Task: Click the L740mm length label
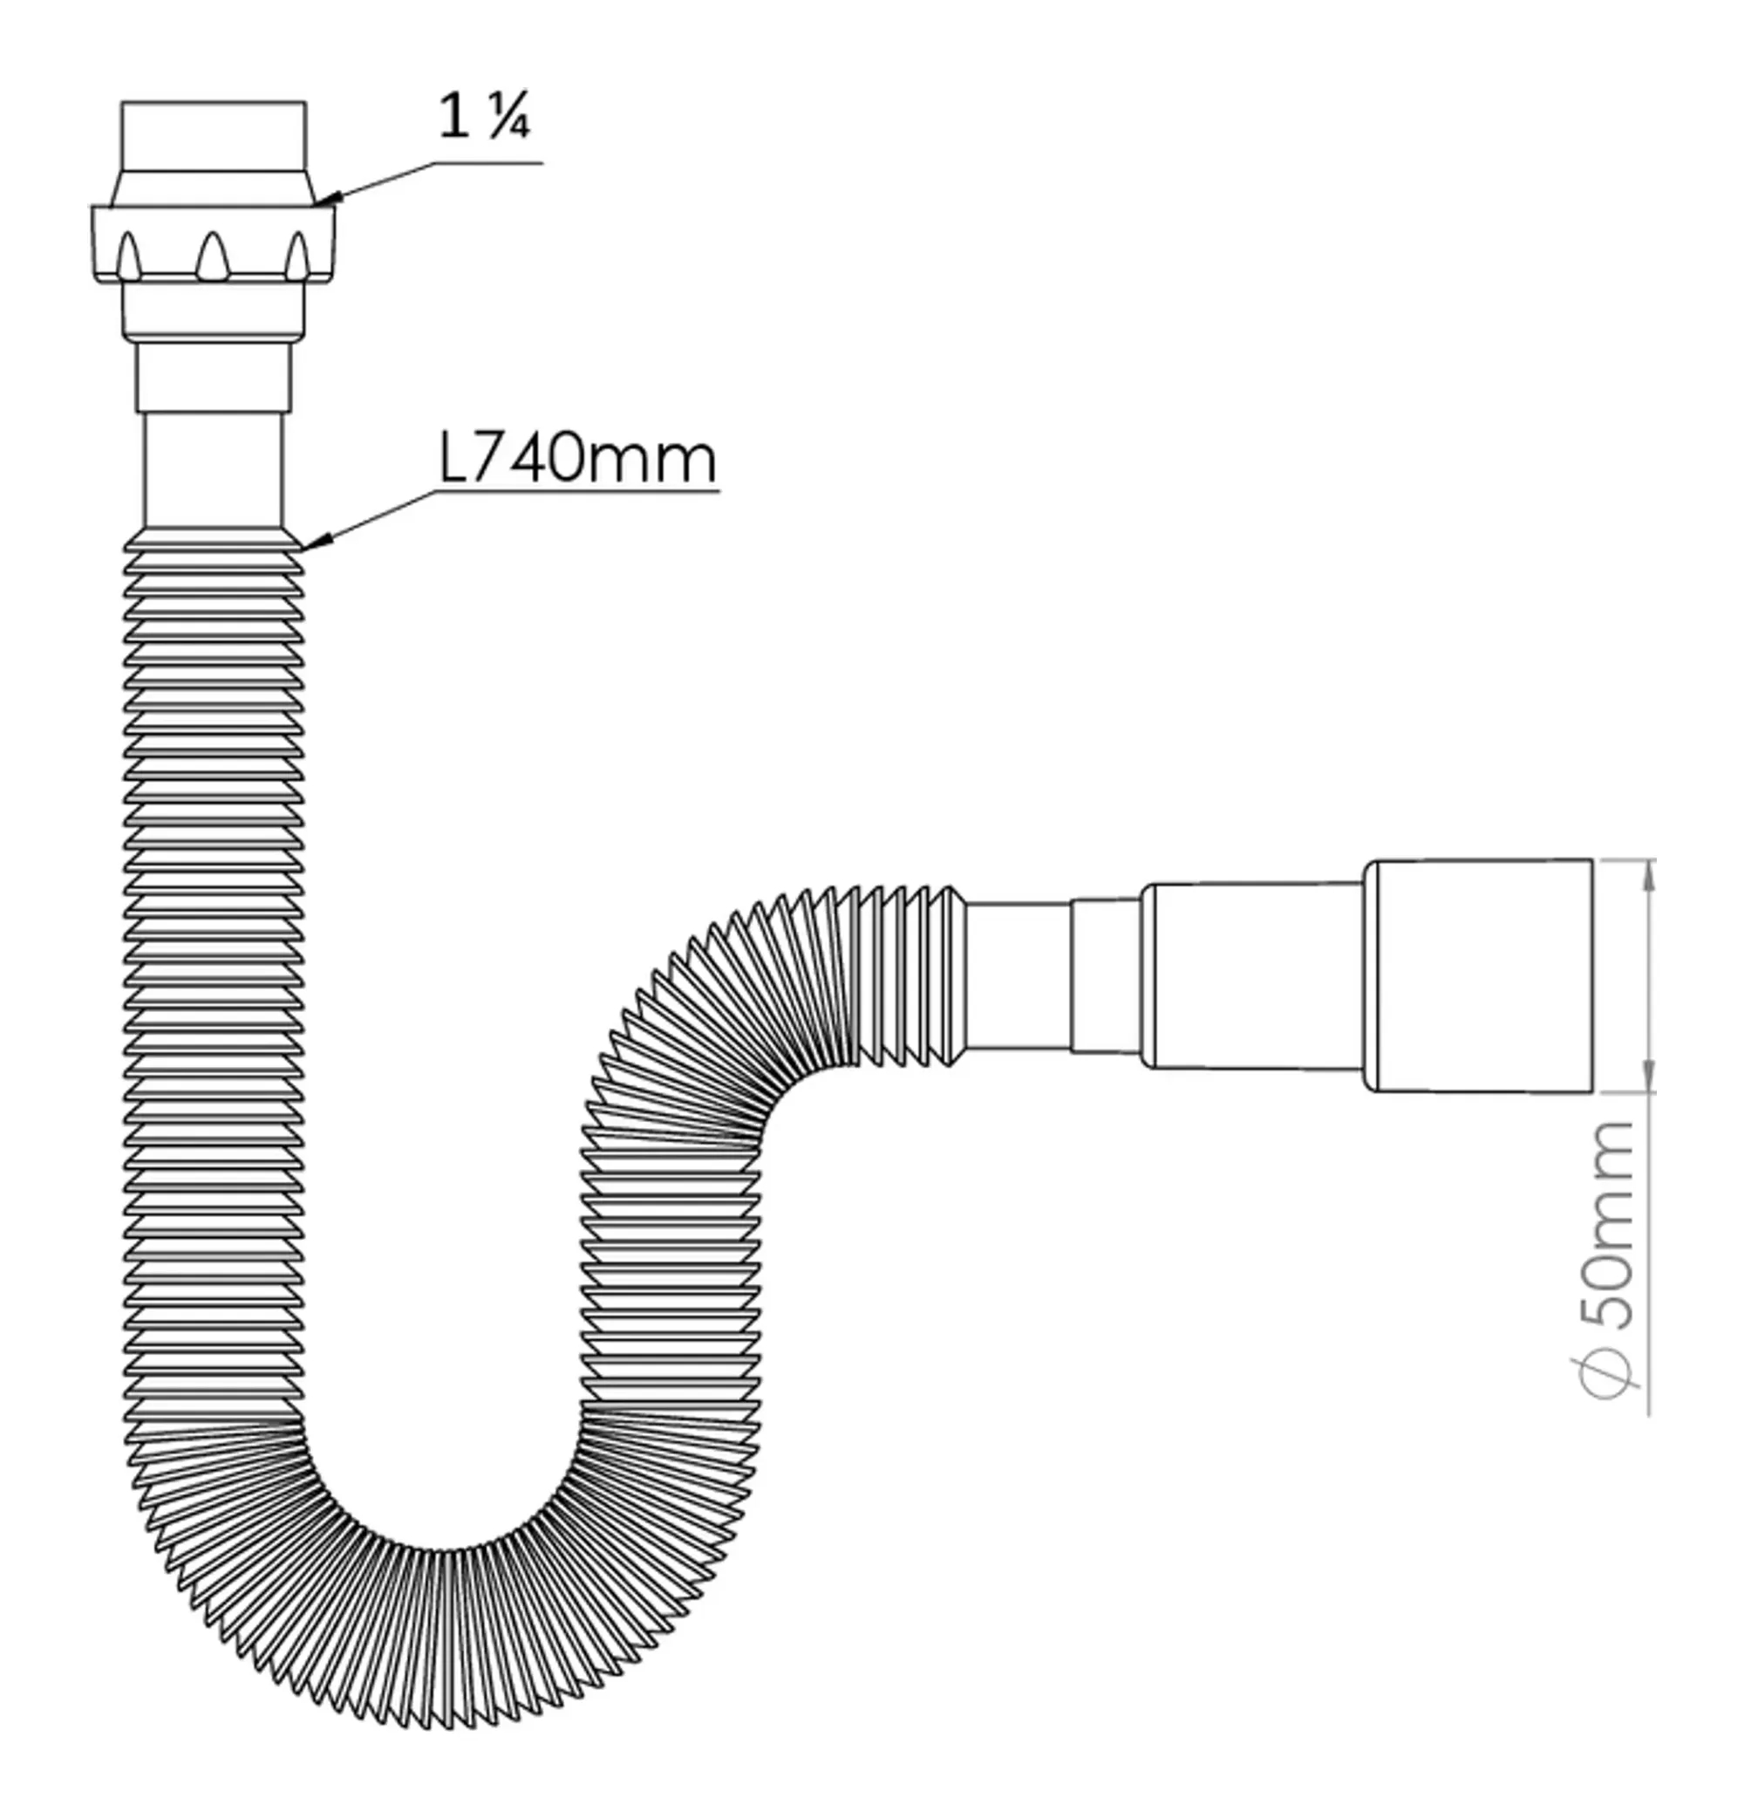tap(577, 459)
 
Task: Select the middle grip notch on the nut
tap(212, 256)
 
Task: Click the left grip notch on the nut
tap(129, 256)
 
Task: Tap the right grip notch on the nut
tap(296, 256)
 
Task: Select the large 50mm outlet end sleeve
tap(1479, 975)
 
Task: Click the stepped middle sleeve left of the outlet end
tap(1252, 975)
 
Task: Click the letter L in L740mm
tap(453, 460)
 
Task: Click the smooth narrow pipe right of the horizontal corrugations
tap(1018, 975)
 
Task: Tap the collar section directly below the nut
tap(214, 311)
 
